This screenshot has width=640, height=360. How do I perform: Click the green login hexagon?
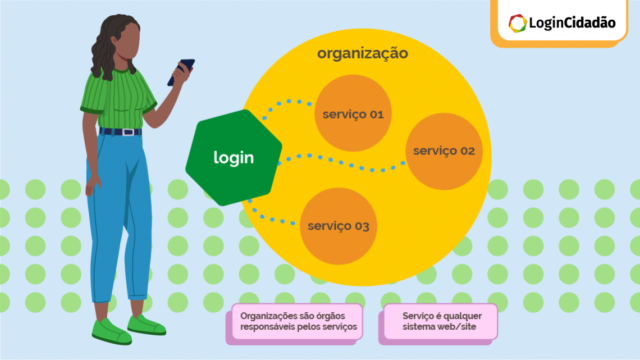click(x=234, y=158)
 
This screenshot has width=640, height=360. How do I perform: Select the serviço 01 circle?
click(x=353, y=114)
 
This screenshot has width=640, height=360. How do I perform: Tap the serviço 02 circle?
click(x=444, y=151)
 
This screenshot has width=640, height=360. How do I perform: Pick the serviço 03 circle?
click(x=338, y=226)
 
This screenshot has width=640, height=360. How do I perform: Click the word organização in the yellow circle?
click(x=362, y=54)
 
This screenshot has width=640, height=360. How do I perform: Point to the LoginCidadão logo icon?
click(x=517, y=23)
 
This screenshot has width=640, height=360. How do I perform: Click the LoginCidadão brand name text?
click(x=572, y=23)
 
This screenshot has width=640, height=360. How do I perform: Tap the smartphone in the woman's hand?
click(x=181, y=71)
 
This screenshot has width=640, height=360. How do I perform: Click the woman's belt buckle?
click(x=129, y=133)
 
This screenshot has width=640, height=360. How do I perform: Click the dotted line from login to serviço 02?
click(x=342, y=162)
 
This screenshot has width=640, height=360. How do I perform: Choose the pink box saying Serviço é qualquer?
click(x=440, y=321)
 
